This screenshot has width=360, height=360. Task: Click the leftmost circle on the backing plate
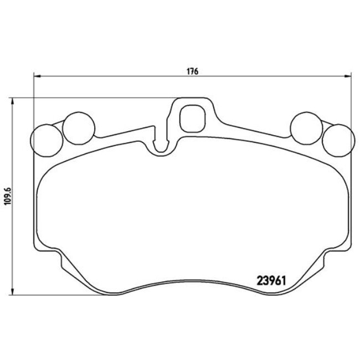[x=47, y=139]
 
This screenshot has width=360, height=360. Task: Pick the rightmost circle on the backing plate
[x=337, y=139]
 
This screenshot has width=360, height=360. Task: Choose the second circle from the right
[x=307, y=127]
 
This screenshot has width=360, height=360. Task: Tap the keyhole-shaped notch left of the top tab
[x=161, y=145]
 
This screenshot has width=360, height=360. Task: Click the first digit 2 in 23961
[x=259, y=281]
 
